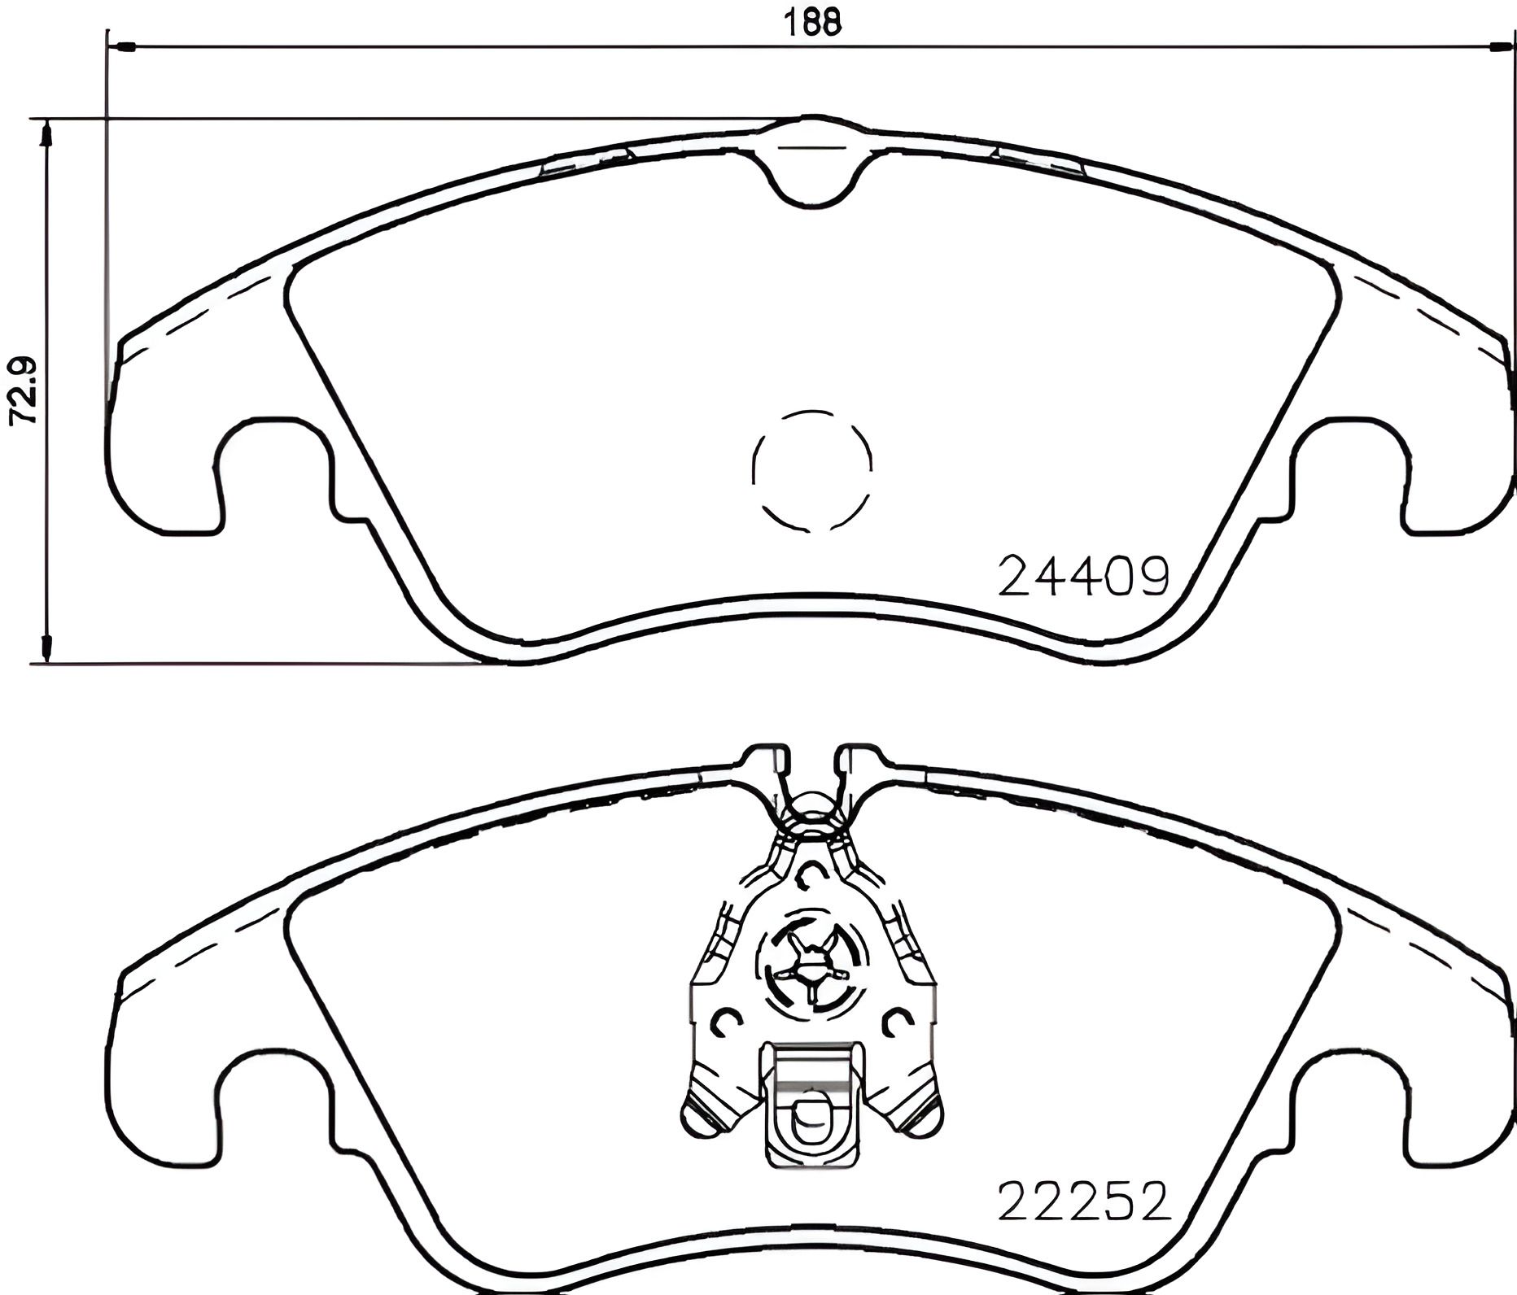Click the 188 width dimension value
811,23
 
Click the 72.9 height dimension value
24,390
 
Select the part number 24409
1083,578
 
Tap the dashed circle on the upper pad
812,471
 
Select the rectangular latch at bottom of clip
811,1106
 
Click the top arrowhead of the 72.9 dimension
46,134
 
